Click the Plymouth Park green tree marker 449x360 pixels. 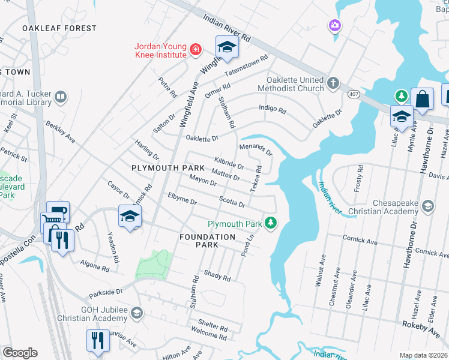coord(271,223)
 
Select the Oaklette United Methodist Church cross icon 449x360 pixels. coord(333,83)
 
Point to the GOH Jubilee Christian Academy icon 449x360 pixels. coord(137,313)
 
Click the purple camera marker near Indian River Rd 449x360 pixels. coord(334,25)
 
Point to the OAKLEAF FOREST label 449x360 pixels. coord(59,28)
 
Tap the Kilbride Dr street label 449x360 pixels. coord(229,163)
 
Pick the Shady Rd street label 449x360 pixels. coord(217,277)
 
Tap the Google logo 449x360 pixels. coord(19,353)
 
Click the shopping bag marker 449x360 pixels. coord(423,99)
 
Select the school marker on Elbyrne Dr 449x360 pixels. coord(129,216)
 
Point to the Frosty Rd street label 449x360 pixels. coord(359,177)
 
